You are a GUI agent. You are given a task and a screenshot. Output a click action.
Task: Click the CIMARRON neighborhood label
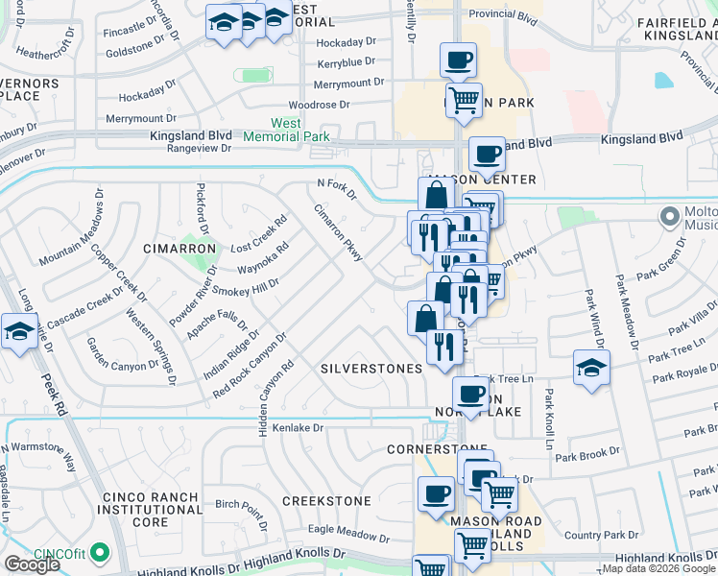click(179, 249)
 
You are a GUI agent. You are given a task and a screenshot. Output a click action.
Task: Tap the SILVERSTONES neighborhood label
click(371, 369)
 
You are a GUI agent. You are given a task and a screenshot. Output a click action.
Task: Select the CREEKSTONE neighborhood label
click(326, 501)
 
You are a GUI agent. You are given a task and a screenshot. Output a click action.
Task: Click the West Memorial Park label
click(286, 131)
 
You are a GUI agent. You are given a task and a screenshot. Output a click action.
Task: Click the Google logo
click(32, 564)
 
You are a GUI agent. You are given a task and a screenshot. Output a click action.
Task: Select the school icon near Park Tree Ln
click(591, 368)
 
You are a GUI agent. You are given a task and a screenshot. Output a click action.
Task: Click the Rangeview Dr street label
click(200, 149)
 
